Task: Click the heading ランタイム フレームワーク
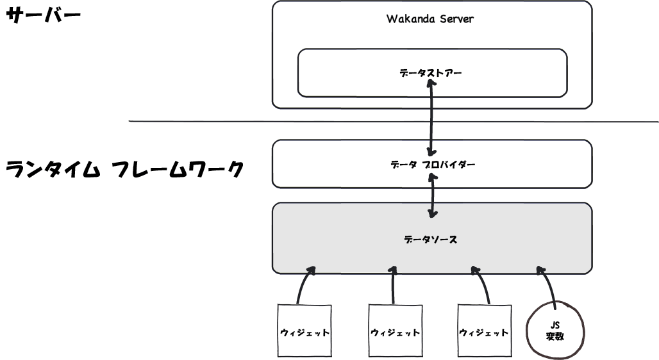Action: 124,170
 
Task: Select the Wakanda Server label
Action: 430,19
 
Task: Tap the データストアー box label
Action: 431,73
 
